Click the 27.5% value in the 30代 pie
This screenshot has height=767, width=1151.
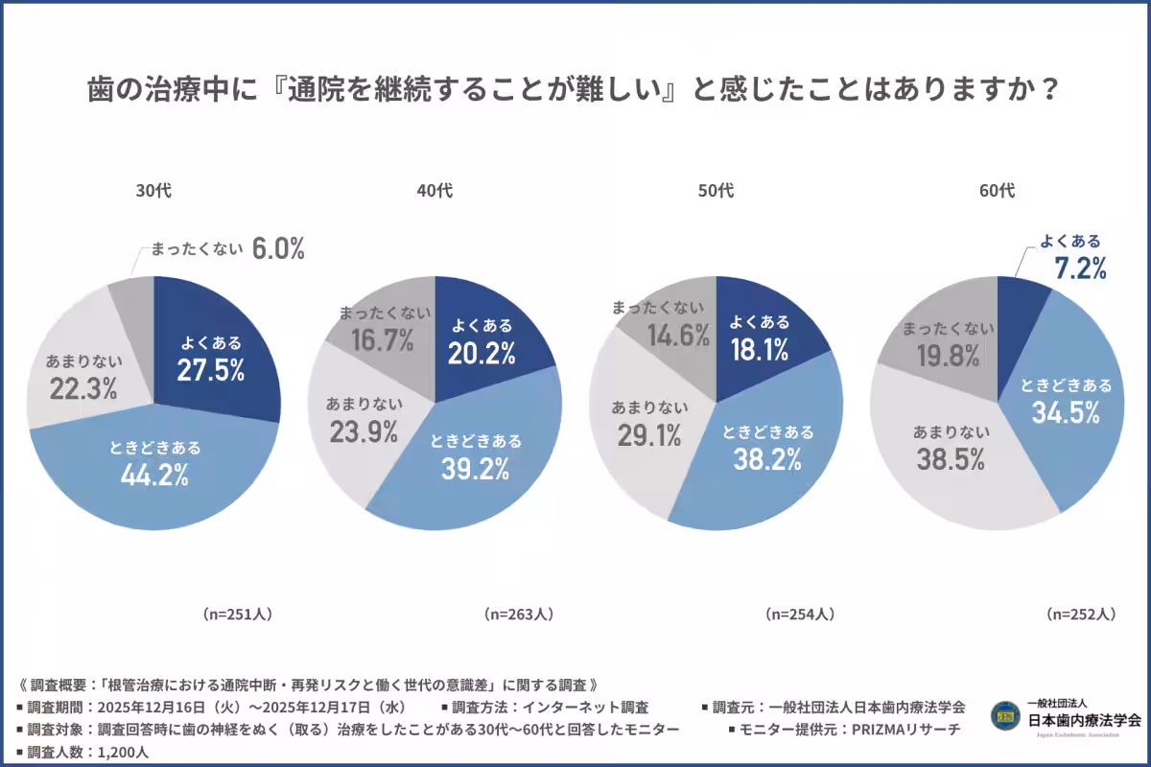tap(210, 371)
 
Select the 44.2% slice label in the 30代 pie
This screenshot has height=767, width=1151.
tap(154, 473)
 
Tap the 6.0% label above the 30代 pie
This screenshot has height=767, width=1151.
tap(278, 250)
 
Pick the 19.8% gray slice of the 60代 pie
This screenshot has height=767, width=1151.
tap(945, 356)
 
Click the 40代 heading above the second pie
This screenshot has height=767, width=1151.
tap(435, 191)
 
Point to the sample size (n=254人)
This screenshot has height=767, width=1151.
tap(800, 614)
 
